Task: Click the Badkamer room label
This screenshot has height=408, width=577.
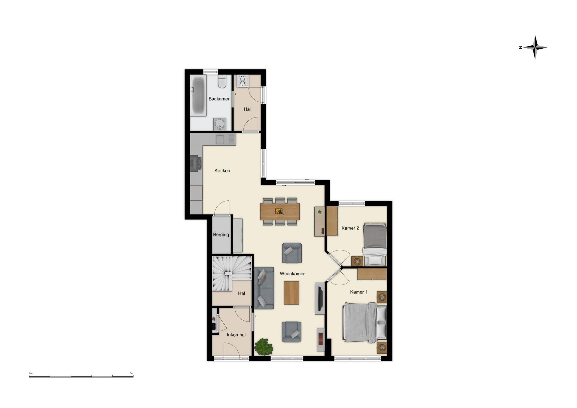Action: click(219, 99)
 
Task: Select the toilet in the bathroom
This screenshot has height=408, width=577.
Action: click(222, 81)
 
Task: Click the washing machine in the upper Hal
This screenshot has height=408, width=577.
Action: click(242, 81)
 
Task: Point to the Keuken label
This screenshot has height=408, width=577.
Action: click(222, 171)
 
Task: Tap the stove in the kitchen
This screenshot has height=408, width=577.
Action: click(196, 163)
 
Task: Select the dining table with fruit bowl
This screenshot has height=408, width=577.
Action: click(280, 211)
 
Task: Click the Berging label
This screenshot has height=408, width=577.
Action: click(221, 235)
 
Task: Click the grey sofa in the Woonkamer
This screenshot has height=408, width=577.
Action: click(264, 288)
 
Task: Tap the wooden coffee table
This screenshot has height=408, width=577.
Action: click(292, 293)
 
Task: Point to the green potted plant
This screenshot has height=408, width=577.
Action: click(264, 347)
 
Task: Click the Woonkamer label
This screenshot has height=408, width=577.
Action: click(292, 274)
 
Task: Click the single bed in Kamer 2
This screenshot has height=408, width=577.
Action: click(375, 244)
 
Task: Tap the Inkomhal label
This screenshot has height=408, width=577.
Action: click(236, 335)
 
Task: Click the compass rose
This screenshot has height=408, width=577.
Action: click(535, 47)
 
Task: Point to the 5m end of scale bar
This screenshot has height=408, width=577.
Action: click(133, 376)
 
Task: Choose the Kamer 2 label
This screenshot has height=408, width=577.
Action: click(350, 228)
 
